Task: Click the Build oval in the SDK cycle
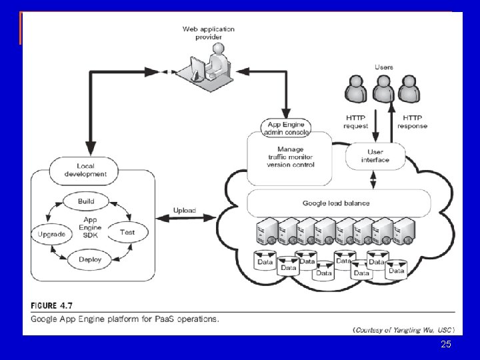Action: pyautogui.click(x=86, y=201)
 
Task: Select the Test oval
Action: pyautogui.click(x=127, y=232)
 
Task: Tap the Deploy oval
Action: pyautogui.click(x=89, y=259)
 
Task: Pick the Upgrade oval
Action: pyautogui.click(x=51, y=234)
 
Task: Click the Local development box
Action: pyautogui.click(x=86, y=169)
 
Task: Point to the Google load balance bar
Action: pyautogui.click(x=336, y=203)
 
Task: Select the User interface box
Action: pyautogui.click(x=375, y=156)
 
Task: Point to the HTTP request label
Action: pyautogui.click(x=355, y=122)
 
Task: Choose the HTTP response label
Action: pyautogui.click(x=412, y=122)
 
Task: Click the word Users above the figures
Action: pyautogui.click(x=384, y=67)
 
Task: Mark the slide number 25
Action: pyautogui.click(x=446, y=344)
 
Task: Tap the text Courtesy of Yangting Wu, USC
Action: pyautogui.click(x=404, y=330)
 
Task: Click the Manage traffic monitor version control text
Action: pyautogui.click(x=290, y=157)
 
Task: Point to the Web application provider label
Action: pyautogui.click(x=209, y=33)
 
